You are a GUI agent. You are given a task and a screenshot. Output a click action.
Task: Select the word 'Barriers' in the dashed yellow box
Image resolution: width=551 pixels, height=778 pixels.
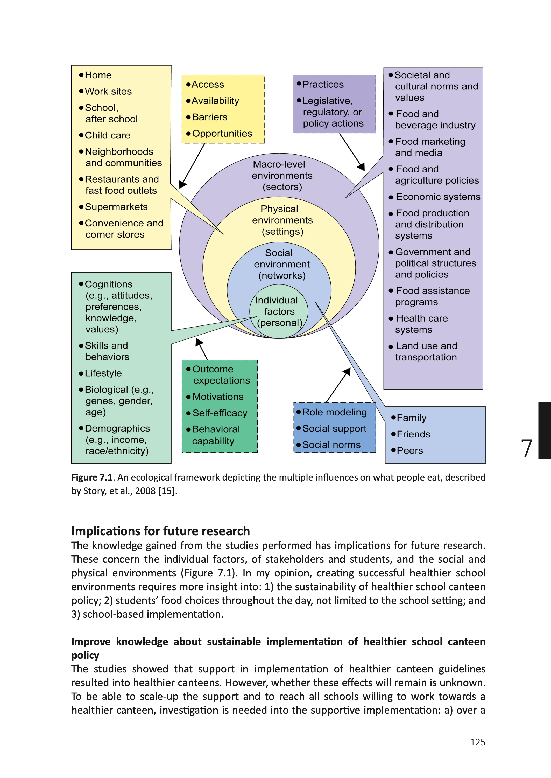(x=209, y=117)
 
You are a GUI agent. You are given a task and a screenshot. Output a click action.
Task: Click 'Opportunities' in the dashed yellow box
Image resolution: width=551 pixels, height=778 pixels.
(x=222, y=133)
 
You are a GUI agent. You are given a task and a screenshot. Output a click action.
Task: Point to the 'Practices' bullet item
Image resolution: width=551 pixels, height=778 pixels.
(x=322, y=85)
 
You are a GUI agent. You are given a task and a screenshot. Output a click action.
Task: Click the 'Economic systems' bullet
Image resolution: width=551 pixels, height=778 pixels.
(x=438, y=197)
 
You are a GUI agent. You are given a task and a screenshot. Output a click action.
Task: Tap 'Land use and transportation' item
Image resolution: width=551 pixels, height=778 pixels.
(x=426, y=351)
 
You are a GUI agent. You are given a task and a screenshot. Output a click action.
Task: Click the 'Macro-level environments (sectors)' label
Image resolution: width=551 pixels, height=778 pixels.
(x=282, y=176)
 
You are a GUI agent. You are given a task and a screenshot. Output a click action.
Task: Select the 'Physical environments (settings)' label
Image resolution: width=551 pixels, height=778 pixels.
(x=282, y=220)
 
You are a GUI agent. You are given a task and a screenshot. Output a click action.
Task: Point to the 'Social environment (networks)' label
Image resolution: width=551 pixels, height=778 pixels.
(x=282, y=264)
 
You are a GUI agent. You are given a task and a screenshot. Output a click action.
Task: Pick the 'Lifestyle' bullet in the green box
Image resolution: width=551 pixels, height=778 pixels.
(x=103, y=373)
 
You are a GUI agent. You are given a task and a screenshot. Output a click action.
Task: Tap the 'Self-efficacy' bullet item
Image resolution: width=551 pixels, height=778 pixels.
(x=220, y=413)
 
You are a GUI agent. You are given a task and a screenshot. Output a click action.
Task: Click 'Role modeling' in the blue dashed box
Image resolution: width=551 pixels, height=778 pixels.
(x=334, y=412)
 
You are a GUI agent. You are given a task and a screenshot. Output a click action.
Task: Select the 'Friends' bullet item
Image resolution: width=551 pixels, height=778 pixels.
(x=413, y=434)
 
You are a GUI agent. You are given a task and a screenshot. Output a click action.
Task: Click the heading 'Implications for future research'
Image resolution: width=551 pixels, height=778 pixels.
(x=160, y=531)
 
